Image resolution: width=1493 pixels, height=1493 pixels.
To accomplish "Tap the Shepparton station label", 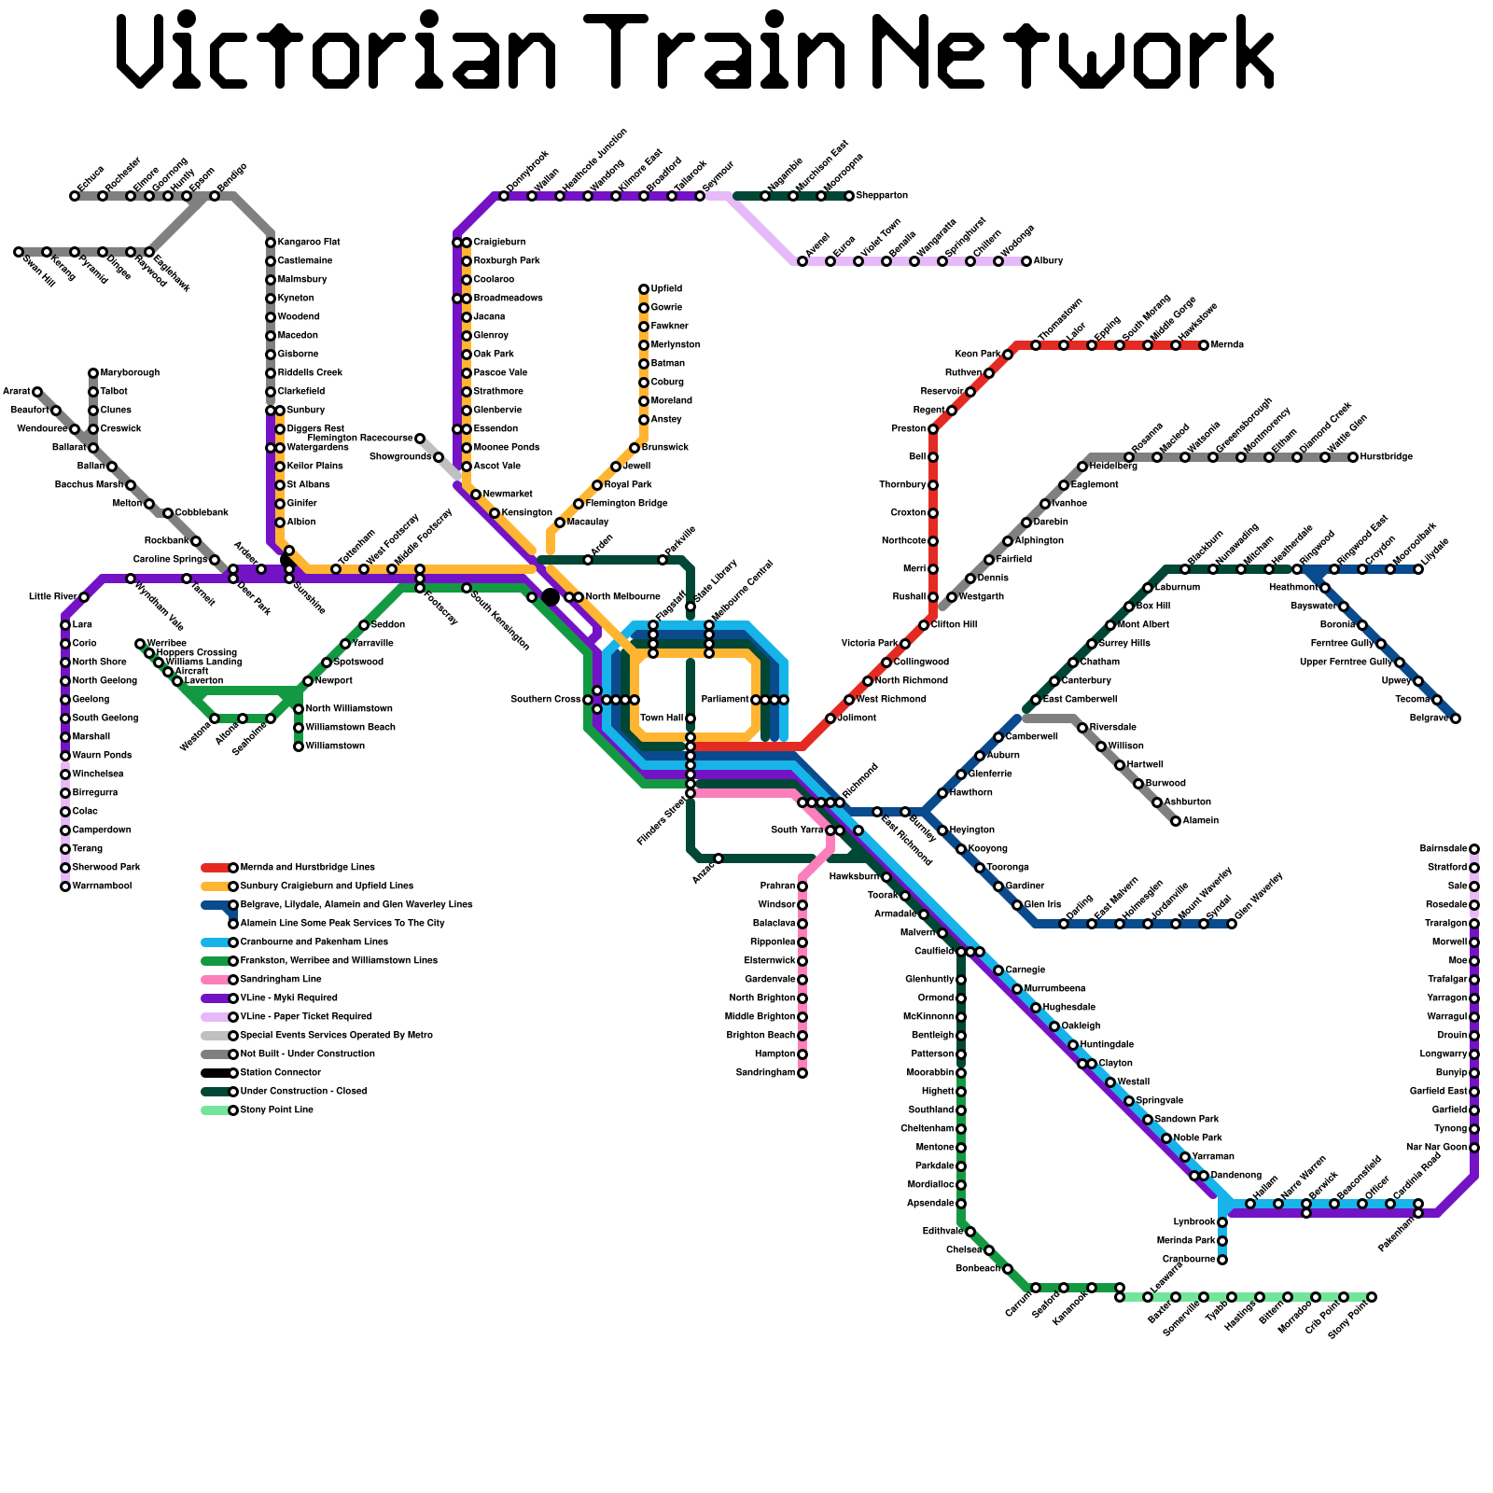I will point(882,196).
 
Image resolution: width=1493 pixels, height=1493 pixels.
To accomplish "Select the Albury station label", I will point(1048,261).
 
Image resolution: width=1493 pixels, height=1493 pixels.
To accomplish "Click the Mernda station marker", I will point(1204,345).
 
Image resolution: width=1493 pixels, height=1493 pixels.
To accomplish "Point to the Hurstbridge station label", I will point(1386,457).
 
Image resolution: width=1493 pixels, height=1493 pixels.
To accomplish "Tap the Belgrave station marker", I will point(1456,719).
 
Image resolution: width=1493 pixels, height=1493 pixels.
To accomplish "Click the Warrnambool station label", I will point(102,886).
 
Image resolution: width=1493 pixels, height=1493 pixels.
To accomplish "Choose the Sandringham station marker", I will point(802,1073).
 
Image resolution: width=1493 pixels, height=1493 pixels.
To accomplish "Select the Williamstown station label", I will point(335,746).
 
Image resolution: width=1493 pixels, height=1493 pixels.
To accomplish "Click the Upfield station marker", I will point(644,289).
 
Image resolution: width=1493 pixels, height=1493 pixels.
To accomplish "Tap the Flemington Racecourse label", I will point(359,438).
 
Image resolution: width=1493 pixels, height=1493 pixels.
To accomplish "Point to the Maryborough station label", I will point(130,373).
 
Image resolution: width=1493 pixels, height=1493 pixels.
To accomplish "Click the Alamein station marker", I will point(1176,821).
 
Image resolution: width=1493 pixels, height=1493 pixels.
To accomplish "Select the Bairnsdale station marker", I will point(1474,849).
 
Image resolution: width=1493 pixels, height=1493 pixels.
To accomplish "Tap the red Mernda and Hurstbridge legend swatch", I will point(216,868).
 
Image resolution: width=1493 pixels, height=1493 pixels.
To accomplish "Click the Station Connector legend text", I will point(280,1073).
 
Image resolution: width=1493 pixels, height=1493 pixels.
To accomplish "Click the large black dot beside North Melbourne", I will point(551,597).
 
